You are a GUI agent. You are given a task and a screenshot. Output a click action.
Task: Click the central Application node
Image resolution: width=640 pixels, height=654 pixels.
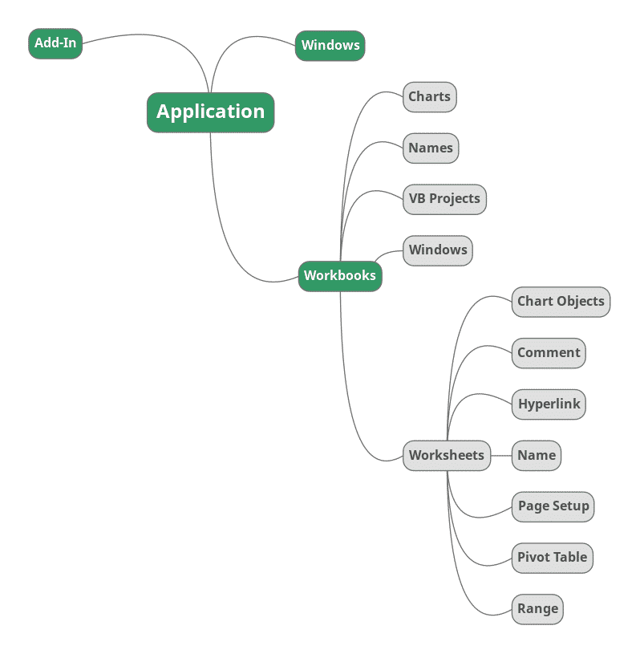(210, 112)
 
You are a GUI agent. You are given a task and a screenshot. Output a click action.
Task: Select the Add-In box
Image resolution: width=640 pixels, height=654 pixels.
(55, 43)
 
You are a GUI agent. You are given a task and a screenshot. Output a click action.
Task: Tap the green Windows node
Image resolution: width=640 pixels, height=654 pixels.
(330, 46)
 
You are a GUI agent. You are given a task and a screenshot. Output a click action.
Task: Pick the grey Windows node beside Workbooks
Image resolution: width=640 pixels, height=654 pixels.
(437, 250)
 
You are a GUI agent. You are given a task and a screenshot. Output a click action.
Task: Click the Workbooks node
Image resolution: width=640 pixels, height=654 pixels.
(340, 276)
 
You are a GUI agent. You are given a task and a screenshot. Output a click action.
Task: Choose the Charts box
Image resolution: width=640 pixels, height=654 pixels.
(429, 97)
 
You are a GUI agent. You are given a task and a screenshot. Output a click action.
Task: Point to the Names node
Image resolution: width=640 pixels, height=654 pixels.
(431, 148)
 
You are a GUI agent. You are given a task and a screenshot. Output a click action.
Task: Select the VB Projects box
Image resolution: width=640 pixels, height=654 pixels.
(444, 199)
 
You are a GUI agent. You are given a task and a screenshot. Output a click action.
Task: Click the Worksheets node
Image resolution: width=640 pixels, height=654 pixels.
(447, 456)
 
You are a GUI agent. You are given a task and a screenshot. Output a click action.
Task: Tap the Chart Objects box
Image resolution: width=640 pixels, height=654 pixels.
(561, 302)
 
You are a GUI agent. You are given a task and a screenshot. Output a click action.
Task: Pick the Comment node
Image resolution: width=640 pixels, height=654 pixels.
(549, 353)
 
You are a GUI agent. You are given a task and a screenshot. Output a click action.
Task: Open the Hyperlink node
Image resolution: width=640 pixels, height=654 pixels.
(549, 404)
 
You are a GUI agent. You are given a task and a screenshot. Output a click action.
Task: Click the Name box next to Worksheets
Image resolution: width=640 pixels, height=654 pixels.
(537, 456)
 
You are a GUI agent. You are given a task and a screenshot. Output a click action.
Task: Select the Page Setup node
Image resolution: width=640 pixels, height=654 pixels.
(553, 506)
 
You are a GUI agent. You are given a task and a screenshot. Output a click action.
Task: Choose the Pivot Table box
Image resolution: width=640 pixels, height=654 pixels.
(552, 558)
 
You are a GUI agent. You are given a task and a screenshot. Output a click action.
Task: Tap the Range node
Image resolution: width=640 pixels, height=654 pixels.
(537, 609)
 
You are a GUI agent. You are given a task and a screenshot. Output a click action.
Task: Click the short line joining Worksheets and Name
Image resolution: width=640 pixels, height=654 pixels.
(501, 456)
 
